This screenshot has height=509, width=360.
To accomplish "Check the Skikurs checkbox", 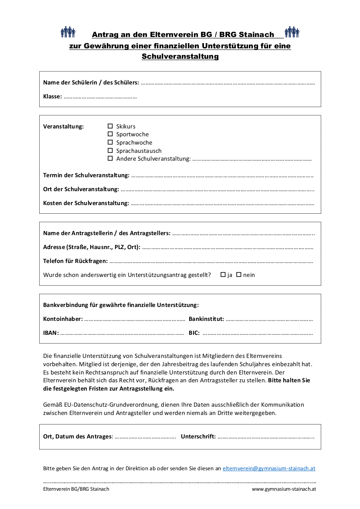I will click(110, 126).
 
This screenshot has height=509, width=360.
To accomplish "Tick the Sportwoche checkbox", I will click(110, 134).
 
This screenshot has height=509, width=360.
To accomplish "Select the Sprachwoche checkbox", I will click(110, 142).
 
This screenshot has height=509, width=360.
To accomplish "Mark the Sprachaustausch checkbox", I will click(110, 151).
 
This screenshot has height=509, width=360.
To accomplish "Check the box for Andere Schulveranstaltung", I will click(110, 158).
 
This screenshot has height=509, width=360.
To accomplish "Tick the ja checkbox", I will click(223, 275).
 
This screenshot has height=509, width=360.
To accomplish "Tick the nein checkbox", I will click(239, 275).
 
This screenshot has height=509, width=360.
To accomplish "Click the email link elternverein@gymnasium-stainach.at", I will click(269, 469).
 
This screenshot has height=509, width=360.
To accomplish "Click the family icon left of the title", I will click(68, 32).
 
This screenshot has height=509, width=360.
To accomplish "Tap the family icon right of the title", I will click(292, 32).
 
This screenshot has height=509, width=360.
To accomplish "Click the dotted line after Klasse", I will click(100, 97).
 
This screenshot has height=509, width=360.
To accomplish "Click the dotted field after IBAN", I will click(122, 334).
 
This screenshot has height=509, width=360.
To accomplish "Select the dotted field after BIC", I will click(258, 334).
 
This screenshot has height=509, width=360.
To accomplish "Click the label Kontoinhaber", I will click(63, 319).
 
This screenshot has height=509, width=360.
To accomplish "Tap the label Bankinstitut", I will click(206, 319).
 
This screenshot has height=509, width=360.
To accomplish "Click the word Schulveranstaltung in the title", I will click(180, 57).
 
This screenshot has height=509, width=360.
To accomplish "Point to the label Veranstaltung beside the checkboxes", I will click(63, 127).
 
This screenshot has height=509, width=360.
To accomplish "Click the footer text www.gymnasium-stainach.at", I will click(284, 489).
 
